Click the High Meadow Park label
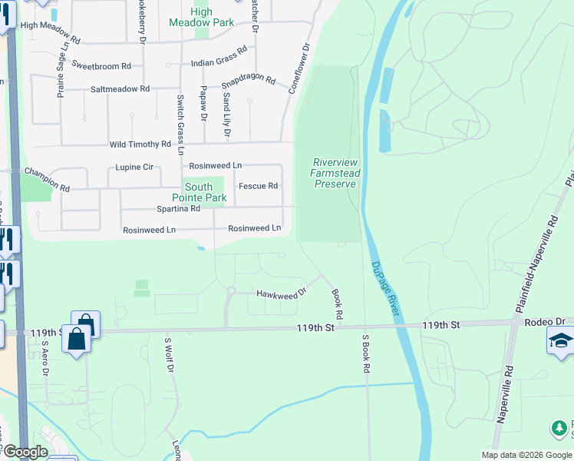(x=201, y=17)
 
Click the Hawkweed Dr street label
(x=282, y=293)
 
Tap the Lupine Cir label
(x=134, y=166)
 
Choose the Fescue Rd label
(x=258, y=186)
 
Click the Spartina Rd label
(x=178, y=208)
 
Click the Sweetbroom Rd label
(x=101, y=65)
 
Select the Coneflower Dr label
(x=300, y=68)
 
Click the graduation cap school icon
(x=561, y=341)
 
